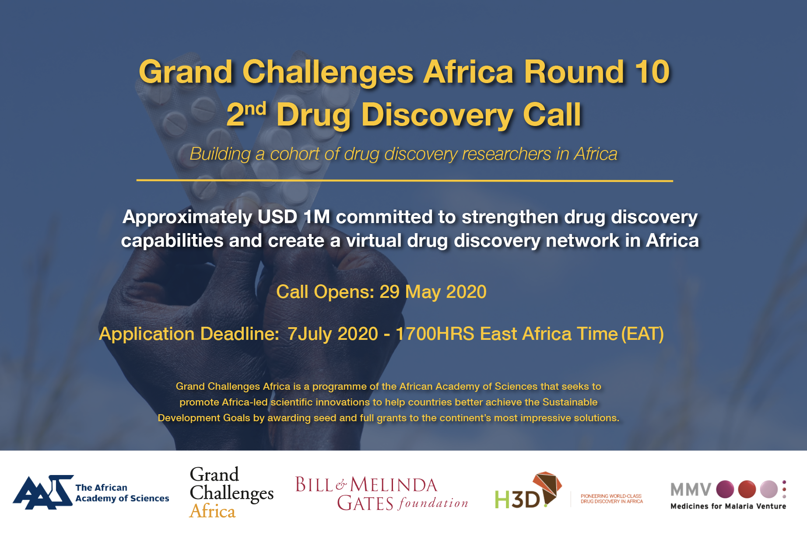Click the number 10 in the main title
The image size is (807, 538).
click(653, 72)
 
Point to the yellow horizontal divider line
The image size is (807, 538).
click(404, 180)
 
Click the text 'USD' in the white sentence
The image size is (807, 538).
click(277, 217)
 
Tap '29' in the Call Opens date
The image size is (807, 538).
click(389, 292)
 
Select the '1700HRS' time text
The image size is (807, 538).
click(435, 334)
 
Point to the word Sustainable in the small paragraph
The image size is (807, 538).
click(570, 402)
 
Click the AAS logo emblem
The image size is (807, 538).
click(43, 492)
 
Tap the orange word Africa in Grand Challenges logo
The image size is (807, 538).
click(213, 511)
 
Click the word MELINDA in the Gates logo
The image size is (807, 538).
click(393, 485)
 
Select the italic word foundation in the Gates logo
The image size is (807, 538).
click(433, 503)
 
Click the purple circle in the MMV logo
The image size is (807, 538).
click(725, 489)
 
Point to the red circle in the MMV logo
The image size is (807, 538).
click(747, 489)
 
